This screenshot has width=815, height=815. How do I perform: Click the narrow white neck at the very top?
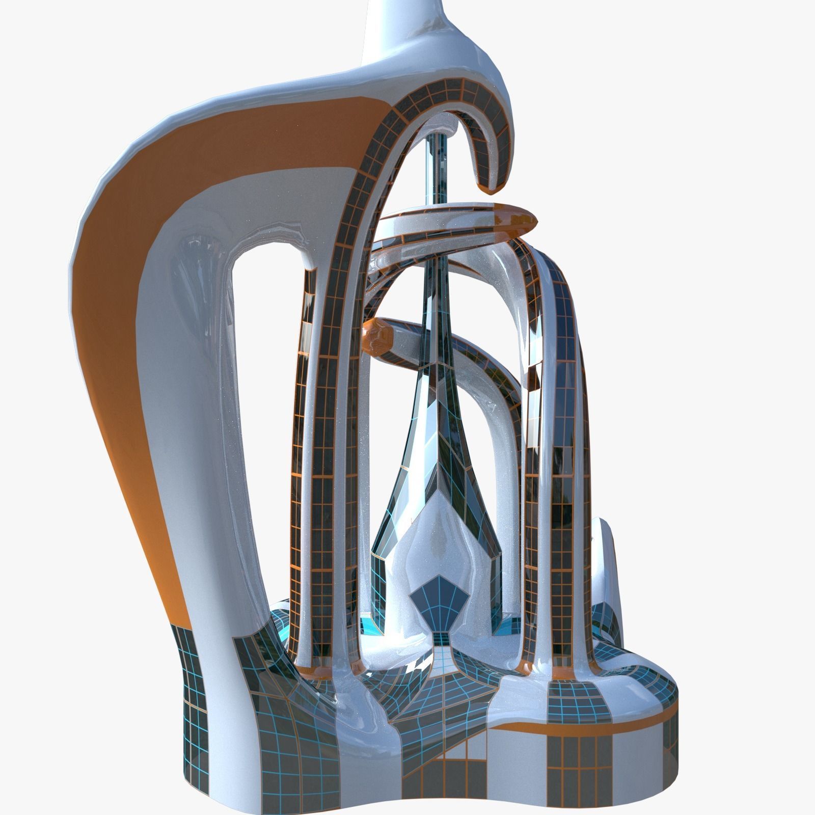pos(392,25)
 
